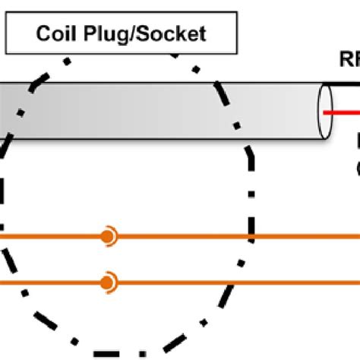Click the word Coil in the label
55,34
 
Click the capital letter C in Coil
43,34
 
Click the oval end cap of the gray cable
326,111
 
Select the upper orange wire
190,237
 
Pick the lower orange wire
190,283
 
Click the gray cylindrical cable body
152,111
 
